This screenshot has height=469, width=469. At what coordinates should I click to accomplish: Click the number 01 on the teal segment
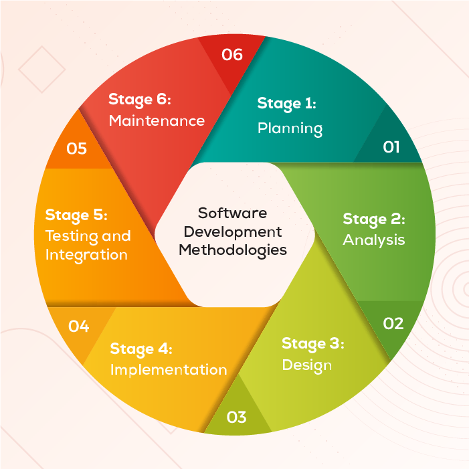pyautogui.click(x=391, y=147)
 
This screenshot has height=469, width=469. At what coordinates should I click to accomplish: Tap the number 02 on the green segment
pyautogui.click(x=393, y=323)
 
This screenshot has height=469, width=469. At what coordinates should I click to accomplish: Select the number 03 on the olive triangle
pyautogui.click(x=237, y=417)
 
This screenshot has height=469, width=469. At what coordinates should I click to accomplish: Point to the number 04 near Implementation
pyautogui.click(x=78, y=326)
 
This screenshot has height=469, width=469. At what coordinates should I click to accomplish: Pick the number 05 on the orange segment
pyautogui.click(x=76, y=148)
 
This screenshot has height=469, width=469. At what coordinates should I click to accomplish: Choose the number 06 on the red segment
pyautogui.click(x=231, y=54)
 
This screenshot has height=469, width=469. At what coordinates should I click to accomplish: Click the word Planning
pyautogui.click(x=290, y=128)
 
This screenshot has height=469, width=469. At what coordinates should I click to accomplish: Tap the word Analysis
pyautogui.click(x=374, y=239)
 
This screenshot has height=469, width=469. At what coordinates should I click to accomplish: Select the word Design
pyautogui.click(x=306, y=365)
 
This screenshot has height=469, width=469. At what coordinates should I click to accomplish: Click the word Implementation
pyautogui.click(x=168, y=369)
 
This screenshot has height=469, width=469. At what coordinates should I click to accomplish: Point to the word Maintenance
pyautogui.click(x=157, y=121)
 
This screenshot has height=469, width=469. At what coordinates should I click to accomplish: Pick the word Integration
pyautogui.click(x=86, y=255)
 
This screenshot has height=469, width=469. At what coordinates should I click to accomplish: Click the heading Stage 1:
pyautogui.click(x=286, y=104)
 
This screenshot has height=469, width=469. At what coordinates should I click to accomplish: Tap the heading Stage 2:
pyautogui.click(x=374, y=219)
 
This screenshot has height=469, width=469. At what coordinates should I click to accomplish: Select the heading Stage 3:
pyautogui.click(x=312, y=344)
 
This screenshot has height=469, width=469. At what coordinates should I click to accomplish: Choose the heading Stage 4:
pyautogui.click(x=141, y=349)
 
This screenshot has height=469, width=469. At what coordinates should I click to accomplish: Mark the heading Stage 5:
pyautogui.click(x=76, y=215)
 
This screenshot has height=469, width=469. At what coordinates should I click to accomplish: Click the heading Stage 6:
pyautogui.click(x=140, y=100)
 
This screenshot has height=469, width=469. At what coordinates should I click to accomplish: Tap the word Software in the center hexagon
pyautogui.click(x=232, y=213)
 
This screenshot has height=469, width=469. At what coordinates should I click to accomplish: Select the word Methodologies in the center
pyautogui.click(x=233, y=250)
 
